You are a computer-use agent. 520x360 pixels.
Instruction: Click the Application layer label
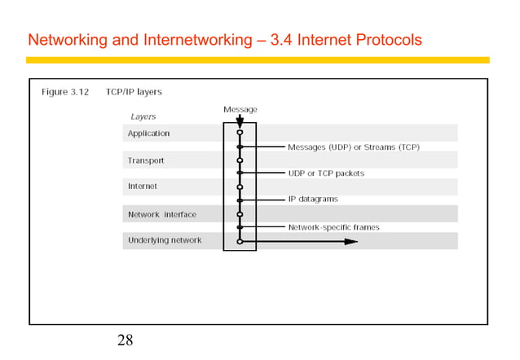click(x=148, y=134)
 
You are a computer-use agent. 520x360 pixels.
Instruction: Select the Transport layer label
click(x=146, y=160)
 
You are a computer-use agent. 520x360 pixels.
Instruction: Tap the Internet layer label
click(x=143, y=187)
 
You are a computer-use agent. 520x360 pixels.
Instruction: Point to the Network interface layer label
click(x=162, y=214)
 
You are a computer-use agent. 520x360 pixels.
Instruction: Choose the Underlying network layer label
click(x=165, y=240)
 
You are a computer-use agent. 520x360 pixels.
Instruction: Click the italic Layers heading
click(x=143, y=117)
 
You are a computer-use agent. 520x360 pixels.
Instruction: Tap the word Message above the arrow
click(x=240, y=109)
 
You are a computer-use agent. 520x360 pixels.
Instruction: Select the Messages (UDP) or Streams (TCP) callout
click(x=353, y=147)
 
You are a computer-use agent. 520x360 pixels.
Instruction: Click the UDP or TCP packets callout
click(x=326, y=173)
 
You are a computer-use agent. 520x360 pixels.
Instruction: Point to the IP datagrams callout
click(x=313, y=200)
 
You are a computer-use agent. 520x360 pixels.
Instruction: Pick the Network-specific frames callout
click(x=333, y=227)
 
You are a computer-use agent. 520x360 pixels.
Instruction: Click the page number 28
click(x=125, y=340)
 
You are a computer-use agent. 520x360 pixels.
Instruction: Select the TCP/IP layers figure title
click(x=134, y=92)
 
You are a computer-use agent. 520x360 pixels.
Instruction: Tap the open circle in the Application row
click(x=240, y=133)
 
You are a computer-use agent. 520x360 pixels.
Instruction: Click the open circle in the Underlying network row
click(x=240, y=241)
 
